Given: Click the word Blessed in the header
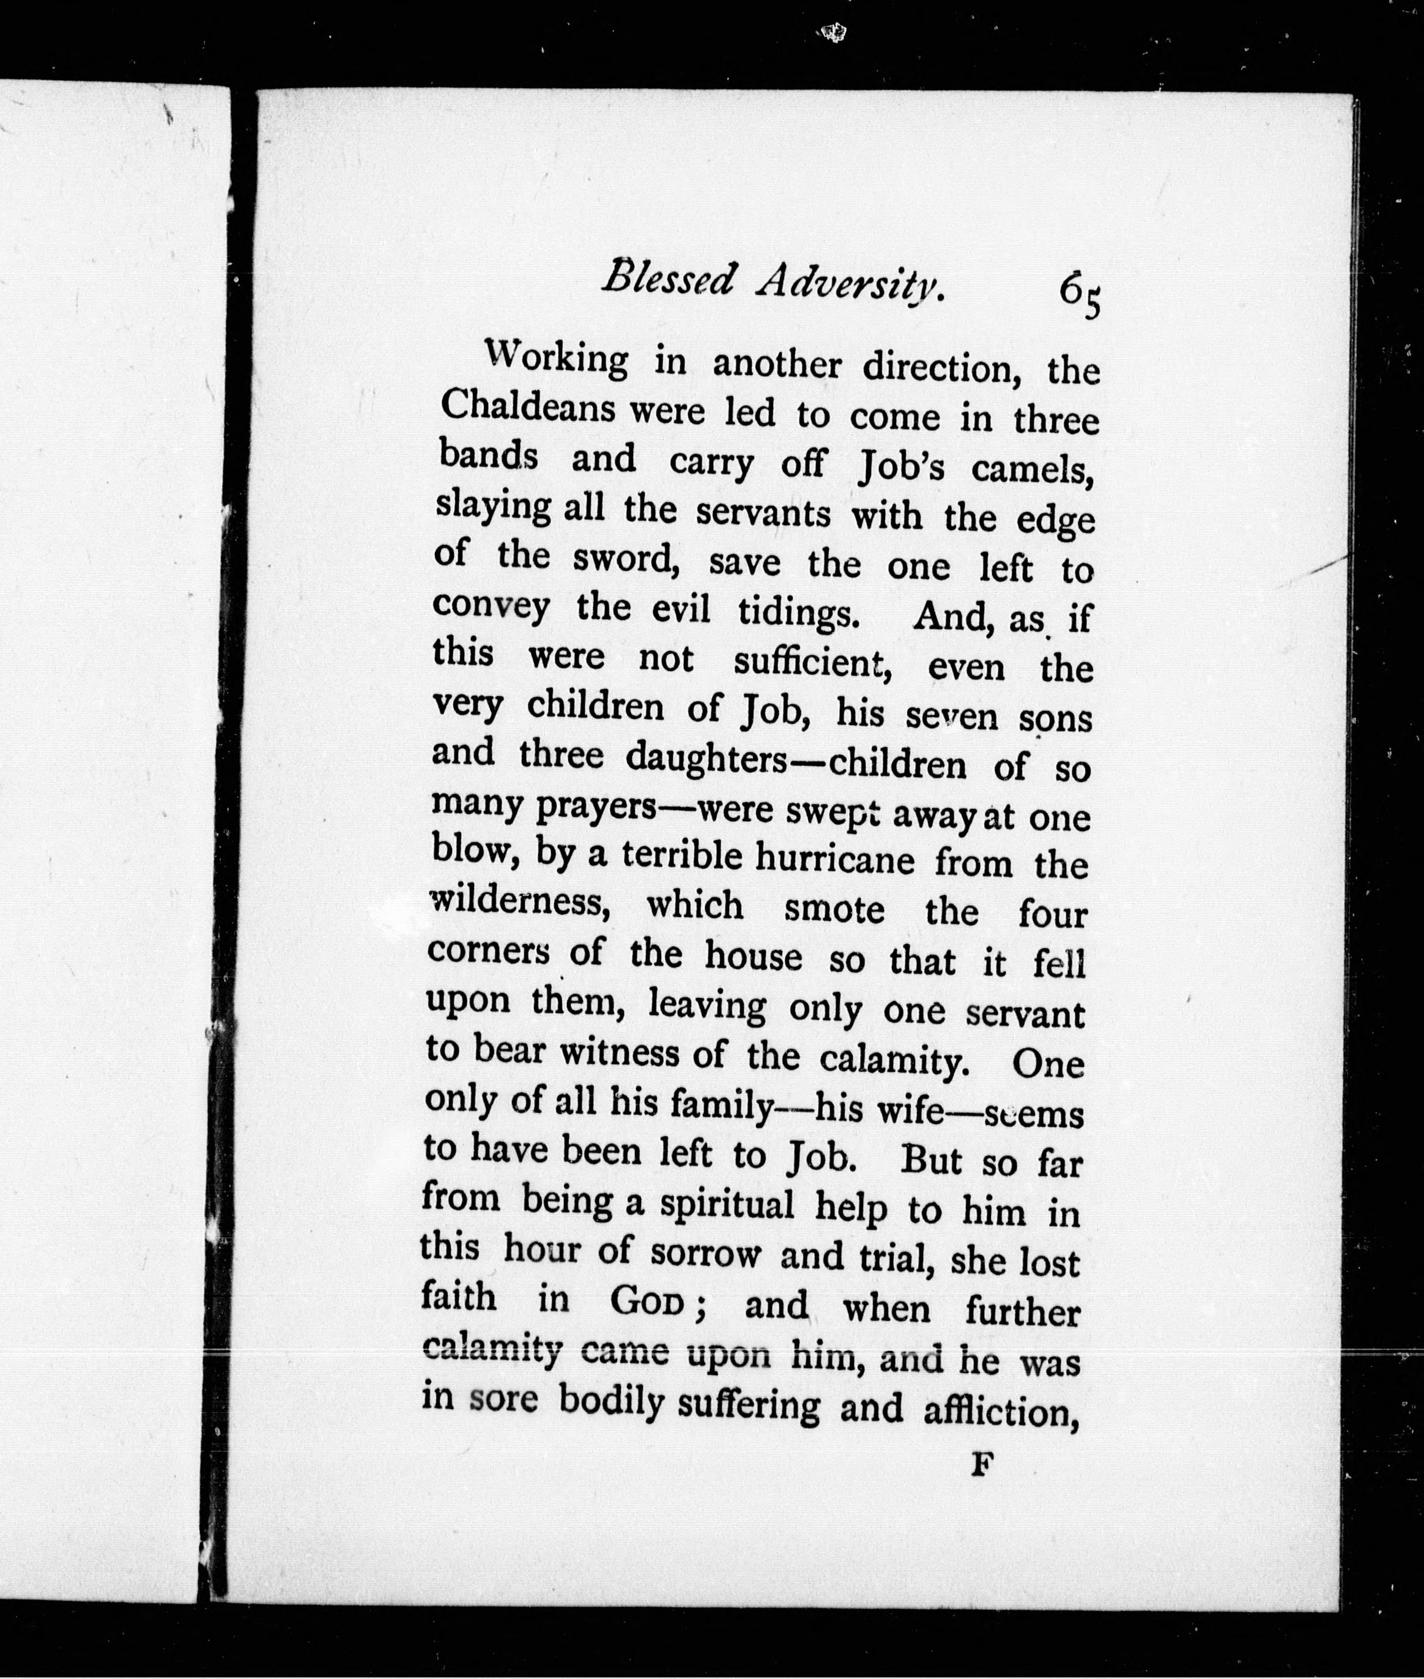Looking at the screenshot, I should tap(669, 280).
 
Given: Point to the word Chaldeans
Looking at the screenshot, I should tap(528, 409).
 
